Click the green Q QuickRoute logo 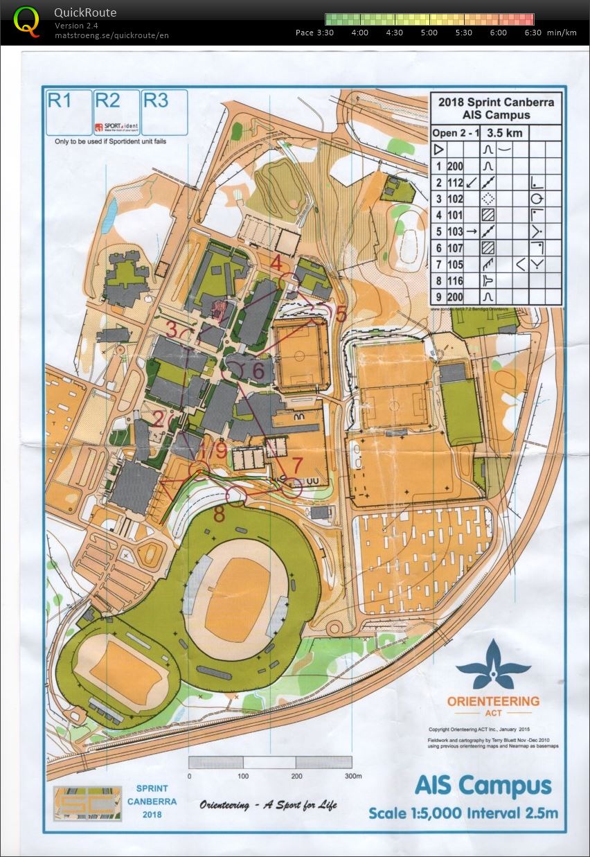click(x=27, y=21)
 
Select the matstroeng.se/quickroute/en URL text click(x=111, y=35)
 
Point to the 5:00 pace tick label click(x=429, y=33)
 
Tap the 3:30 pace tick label click(x=324, y=33)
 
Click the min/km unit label click(x=561, y=33)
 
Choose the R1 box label click(x=60, y=101)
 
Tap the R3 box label click(x=156, y=100)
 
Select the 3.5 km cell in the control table click(x=504, y=132)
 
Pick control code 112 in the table click(x=455, y=182)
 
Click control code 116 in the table click(x=455, y=281)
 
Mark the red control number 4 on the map click(x=276, y=264)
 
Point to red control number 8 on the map click(x=219, y=515)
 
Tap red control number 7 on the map click(x=298, y=463)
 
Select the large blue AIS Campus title click(x=483, y=786)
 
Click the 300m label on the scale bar click(x=352, y=776)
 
